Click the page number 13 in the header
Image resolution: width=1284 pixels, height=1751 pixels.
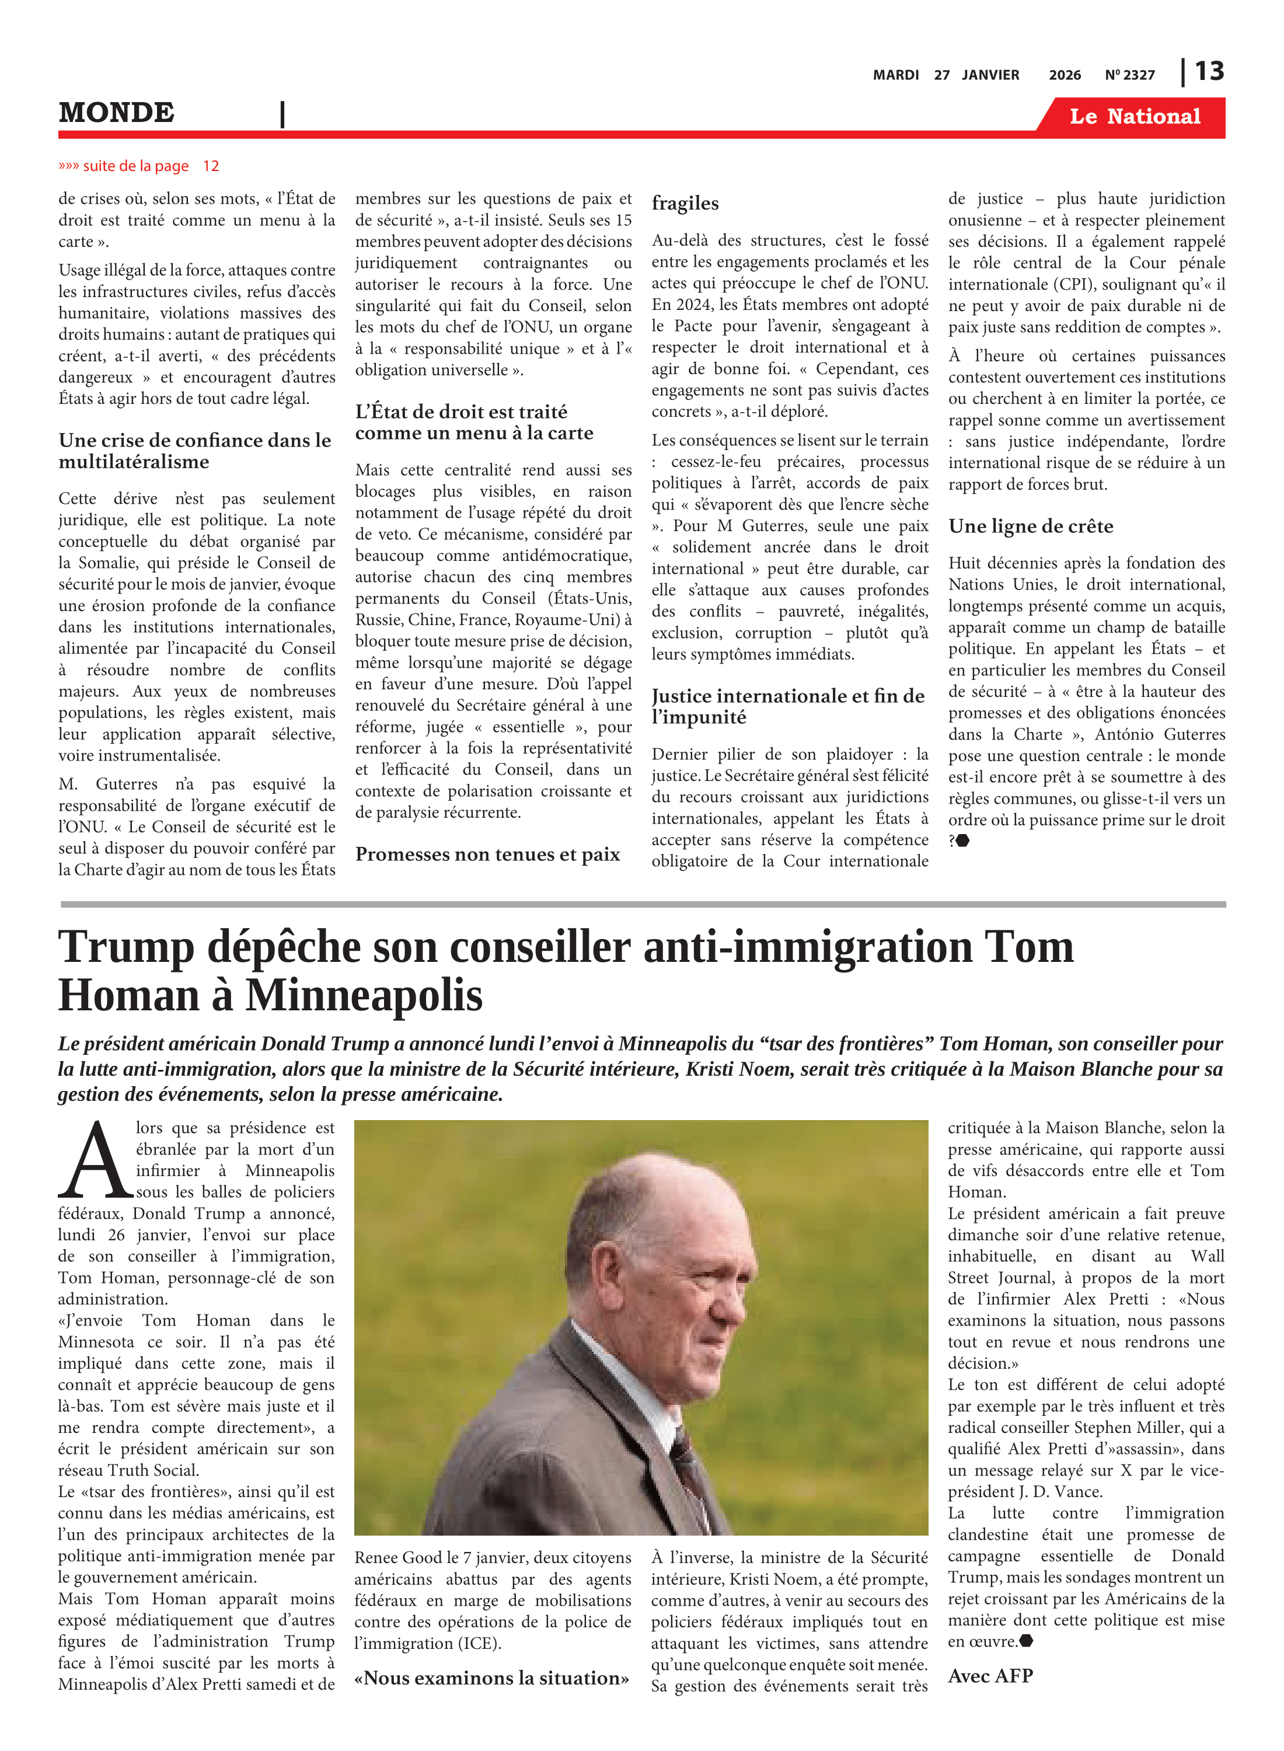(1209, 72)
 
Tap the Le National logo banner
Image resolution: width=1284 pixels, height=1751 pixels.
(1134, 117)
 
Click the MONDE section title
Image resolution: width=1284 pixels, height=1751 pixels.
(117, 113)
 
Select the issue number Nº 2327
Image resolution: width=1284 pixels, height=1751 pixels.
(1129, 75)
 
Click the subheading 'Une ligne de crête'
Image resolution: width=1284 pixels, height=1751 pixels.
(1030, 526)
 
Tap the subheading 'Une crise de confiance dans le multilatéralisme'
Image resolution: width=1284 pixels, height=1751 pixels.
(194, 451)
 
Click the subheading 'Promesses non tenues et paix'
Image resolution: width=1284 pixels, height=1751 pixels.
(487, 854)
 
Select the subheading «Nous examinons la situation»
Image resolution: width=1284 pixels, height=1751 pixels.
(491, 1678)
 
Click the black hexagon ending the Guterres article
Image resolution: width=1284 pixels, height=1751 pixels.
(962, 840)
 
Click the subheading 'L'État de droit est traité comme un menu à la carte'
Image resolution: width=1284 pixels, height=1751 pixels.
(473, 422)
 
